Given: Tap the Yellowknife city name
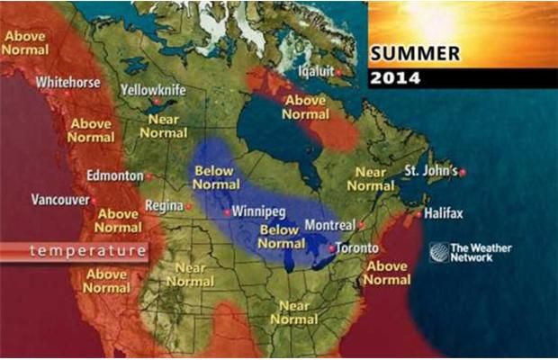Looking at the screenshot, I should click(154, 90).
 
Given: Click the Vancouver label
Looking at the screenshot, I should click(60, 199).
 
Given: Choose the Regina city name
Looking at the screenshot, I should click(164, 206).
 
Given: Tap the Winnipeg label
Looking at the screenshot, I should click(259, 213).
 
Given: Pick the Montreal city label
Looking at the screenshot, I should click(330, 225).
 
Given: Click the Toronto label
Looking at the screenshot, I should click(358, 248).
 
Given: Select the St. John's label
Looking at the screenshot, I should click(430, 170).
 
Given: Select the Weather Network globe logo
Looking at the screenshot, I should click(438, 252).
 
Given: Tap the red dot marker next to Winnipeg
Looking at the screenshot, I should click(226, 213).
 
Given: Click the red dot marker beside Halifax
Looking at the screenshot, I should click(418, 214).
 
